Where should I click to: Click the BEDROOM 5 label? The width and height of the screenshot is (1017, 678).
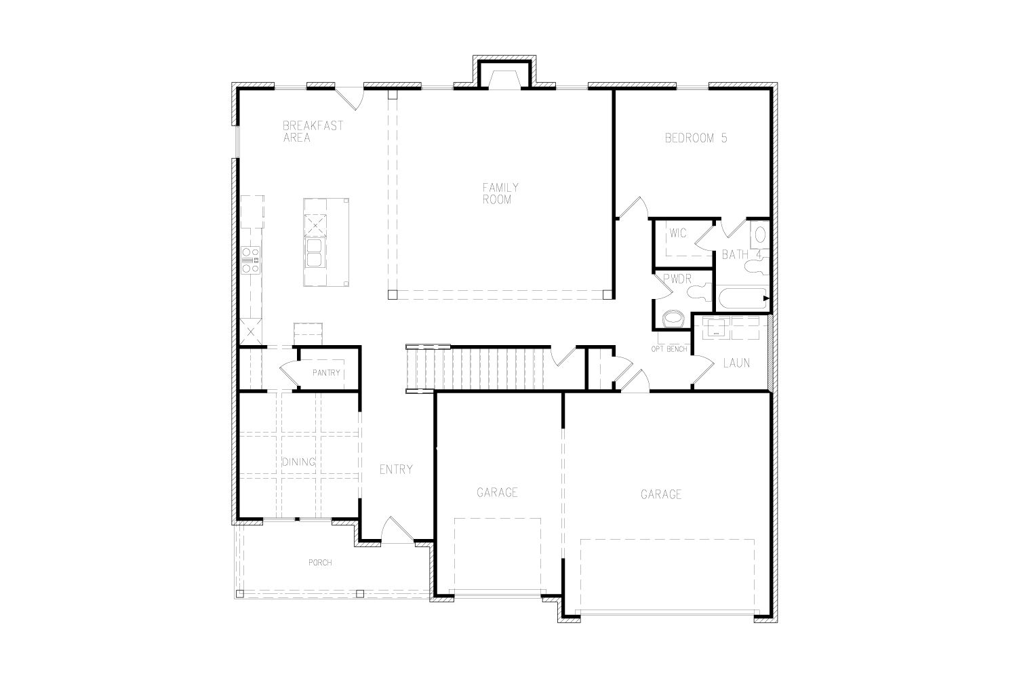click(696, 138)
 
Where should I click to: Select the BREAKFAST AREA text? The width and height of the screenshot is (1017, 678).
click(313, 132)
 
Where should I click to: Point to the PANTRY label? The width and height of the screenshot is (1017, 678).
click(326, 373)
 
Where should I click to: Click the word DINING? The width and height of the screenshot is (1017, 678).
click(299, 462)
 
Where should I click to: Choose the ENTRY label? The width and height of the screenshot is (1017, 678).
click(396, 470)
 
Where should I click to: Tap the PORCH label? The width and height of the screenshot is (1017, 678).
click(320, 563)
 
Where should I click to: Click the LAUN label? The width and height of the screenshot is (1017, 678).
click(736, 363)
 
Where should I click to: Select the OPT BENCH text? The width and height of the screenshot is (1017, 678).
click(669, 349)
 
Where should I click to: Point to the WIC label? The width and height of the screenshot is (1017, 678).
click(678, 233)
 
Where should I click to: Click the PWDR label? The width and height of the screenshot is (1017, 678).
click(677, 279)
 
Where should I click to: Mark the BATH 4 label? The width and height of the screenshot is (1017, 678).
click(742, 255)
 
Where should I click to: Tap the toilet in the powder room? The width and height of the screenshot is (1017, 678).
click(673, 319)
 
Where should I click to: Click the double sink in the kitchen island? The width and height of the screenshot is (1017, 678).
click(315, 252)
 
